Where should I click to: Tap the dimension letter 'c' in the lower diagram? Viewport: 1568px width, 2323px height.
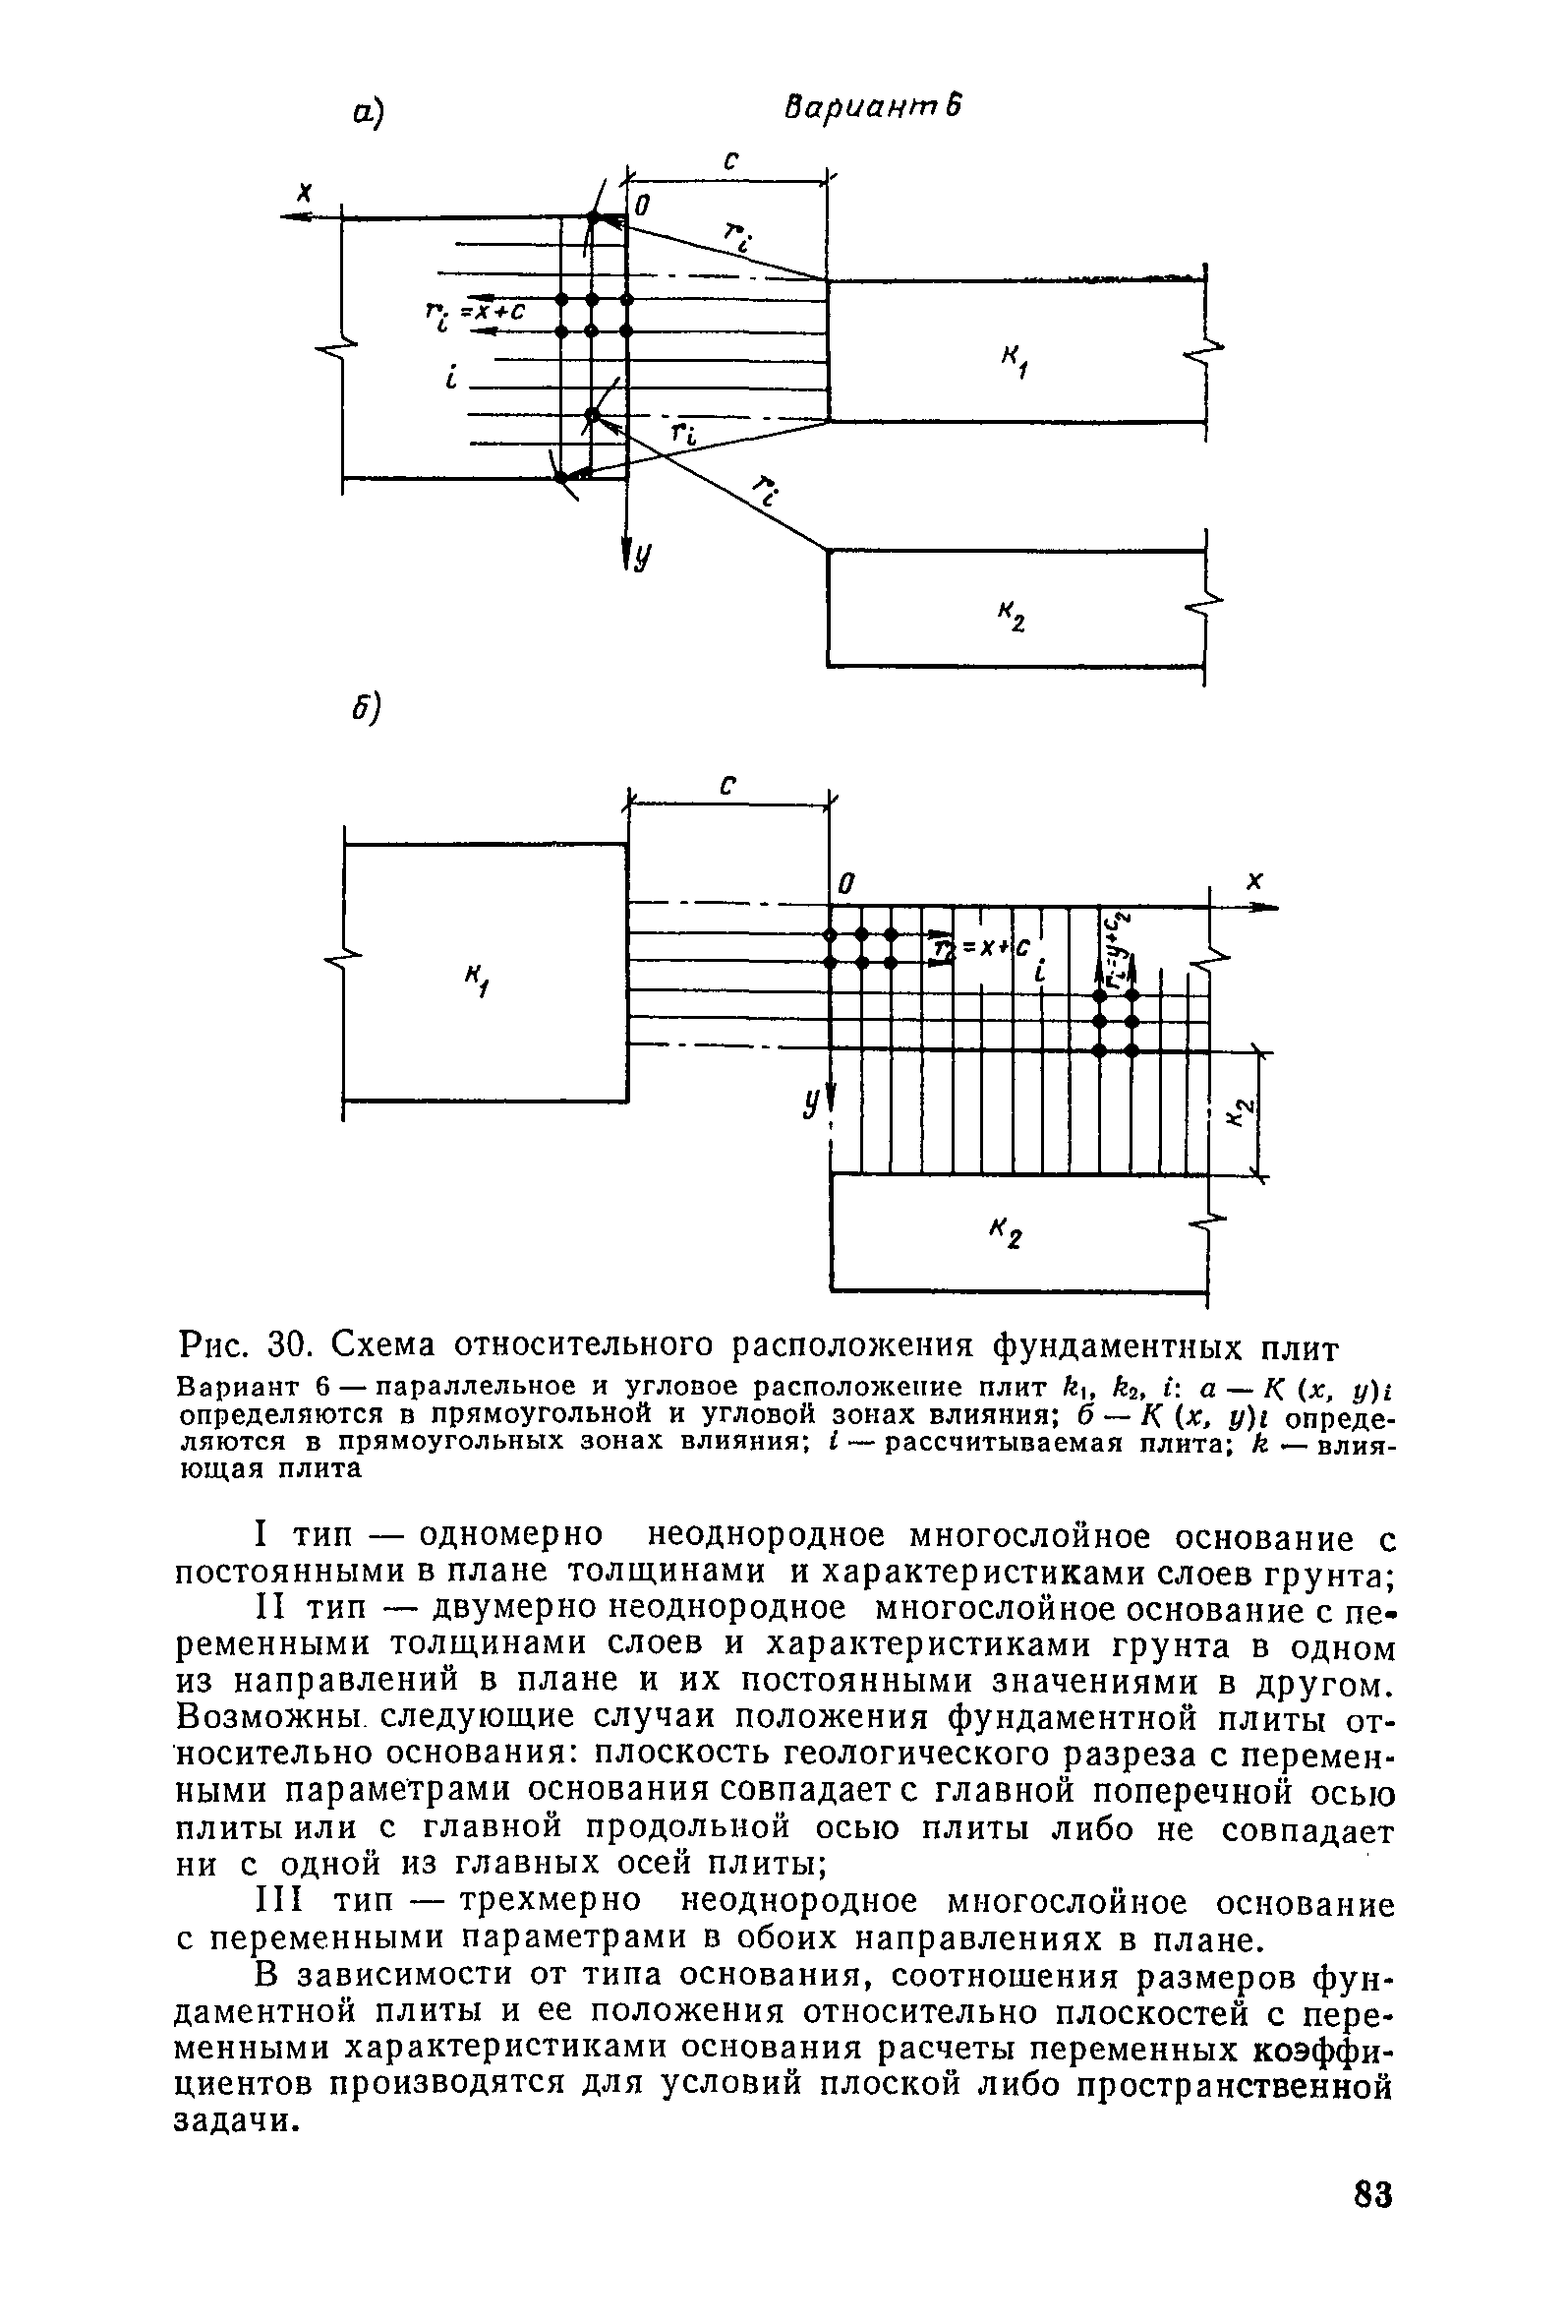728,786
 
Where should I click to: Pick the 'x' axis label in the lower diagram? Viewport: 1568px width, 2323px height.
1256,879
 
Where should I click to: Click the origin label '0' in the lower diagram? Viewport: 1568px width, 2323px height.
845,884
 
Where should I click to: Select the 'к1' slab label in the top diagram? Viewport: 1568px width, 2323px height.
1016,361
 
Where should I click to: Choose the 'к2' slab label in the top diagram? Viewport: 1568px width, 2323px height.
1014,617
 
